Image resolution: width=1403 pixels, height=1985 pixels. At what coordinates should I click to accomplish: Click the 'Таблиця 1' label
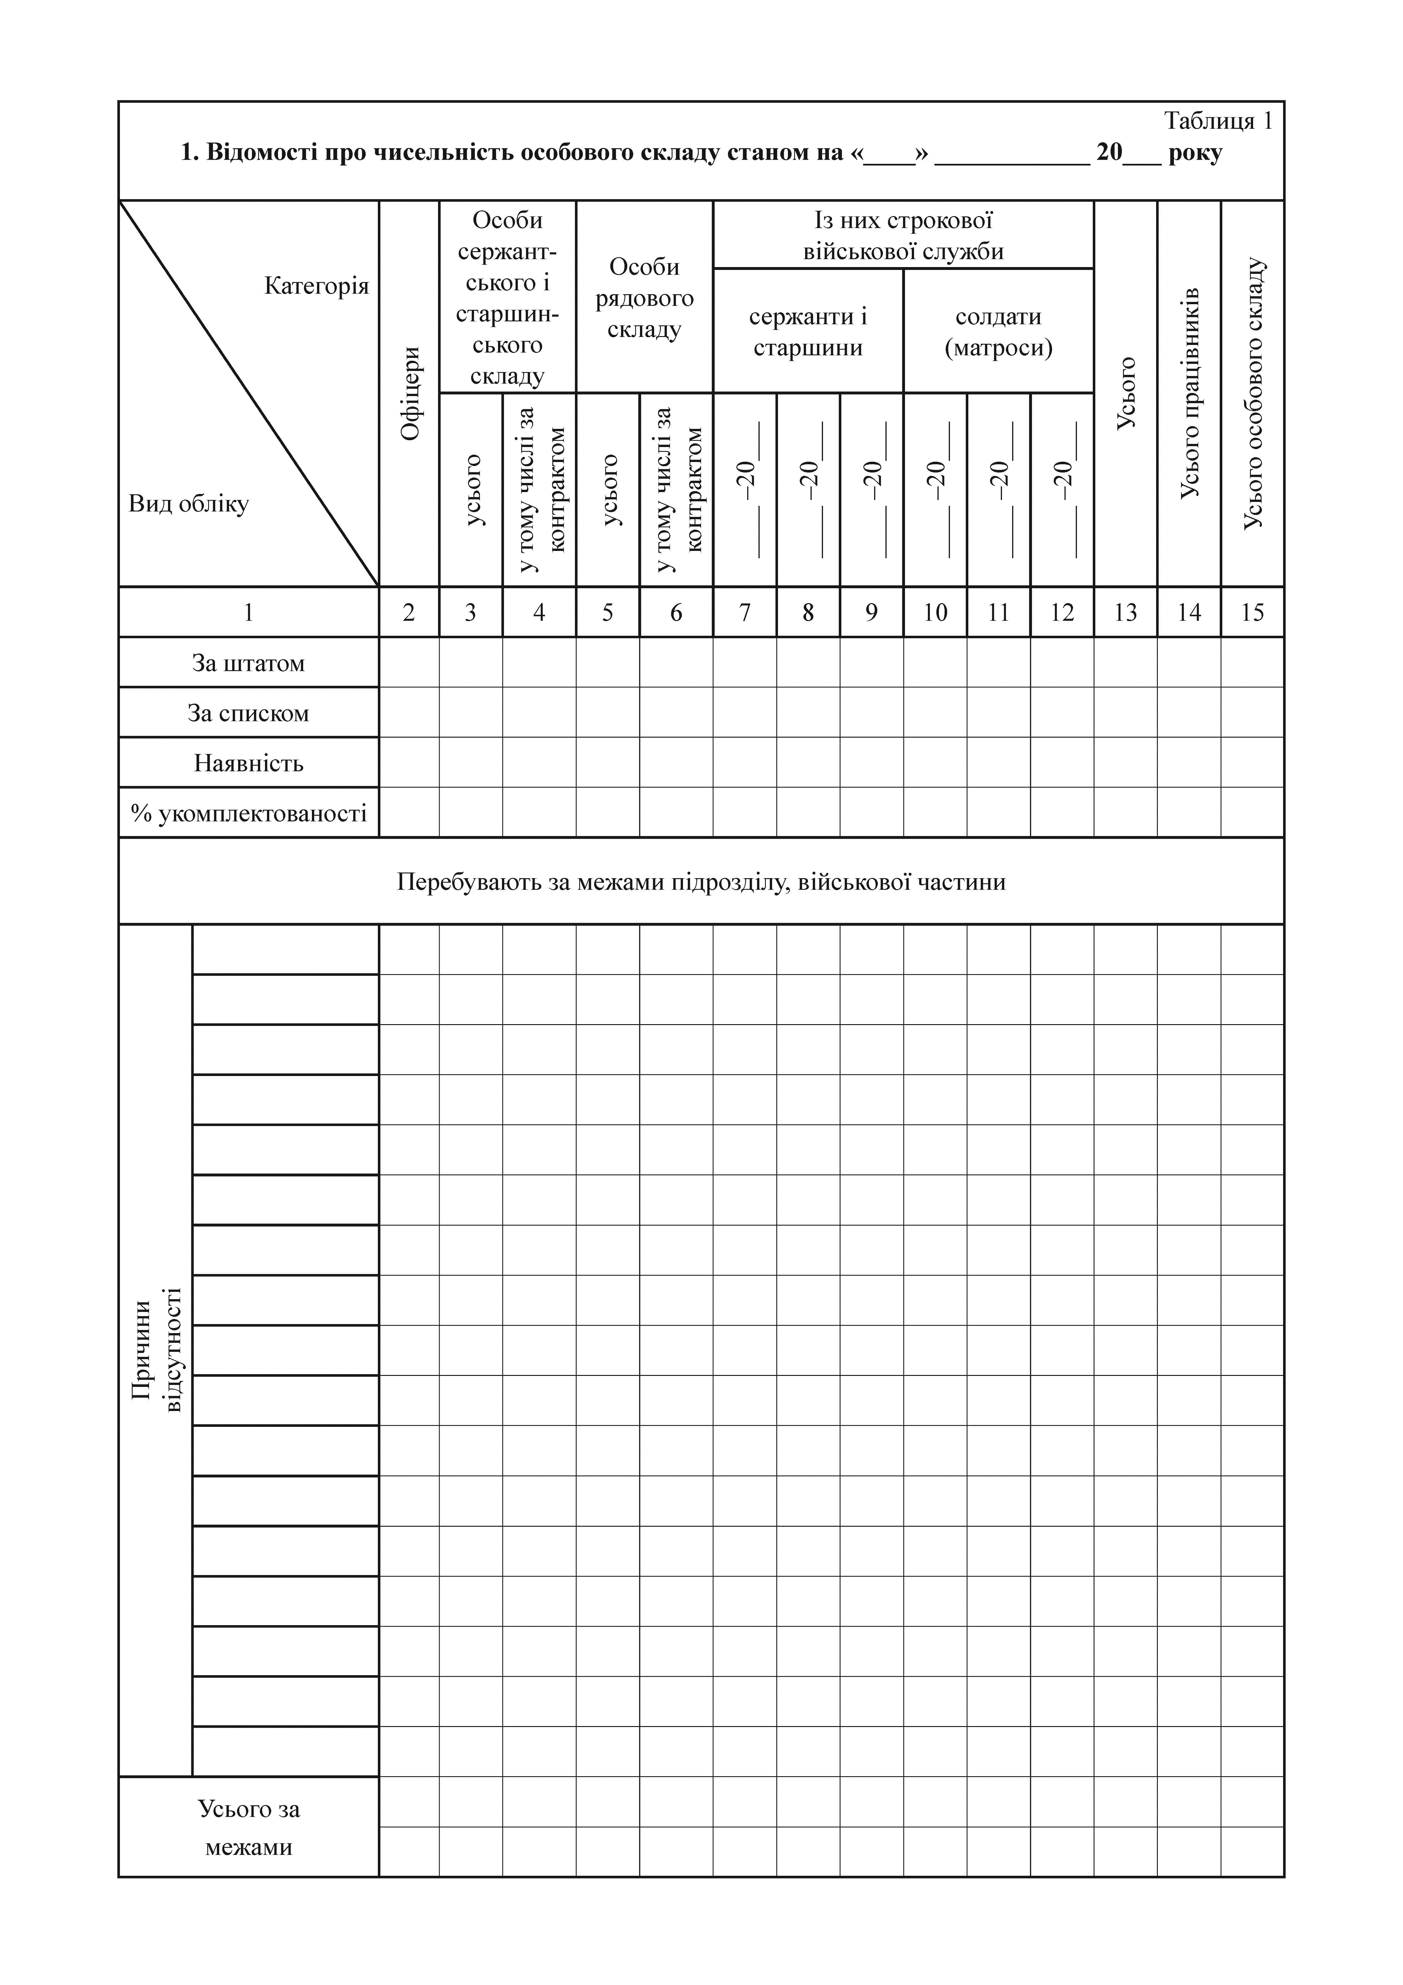(1217, 121)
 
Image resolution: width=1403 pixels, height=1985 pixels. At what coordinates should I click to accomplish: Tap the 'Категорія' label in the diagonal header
(316, 286)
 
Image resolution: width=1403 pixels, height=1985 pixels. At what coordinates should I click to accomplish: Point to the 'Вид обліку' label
(188, 504)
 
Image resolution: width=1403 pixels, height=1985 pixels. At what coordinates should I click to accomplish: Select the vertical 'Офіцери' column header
(410, 393)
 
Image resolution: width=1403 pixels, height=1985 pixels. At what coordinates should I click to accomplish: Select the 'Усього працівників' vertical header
(1189, 393)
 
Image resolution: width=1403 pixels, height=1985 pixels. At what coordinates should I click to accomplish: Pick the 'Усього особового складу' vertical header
(1253, 393)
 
